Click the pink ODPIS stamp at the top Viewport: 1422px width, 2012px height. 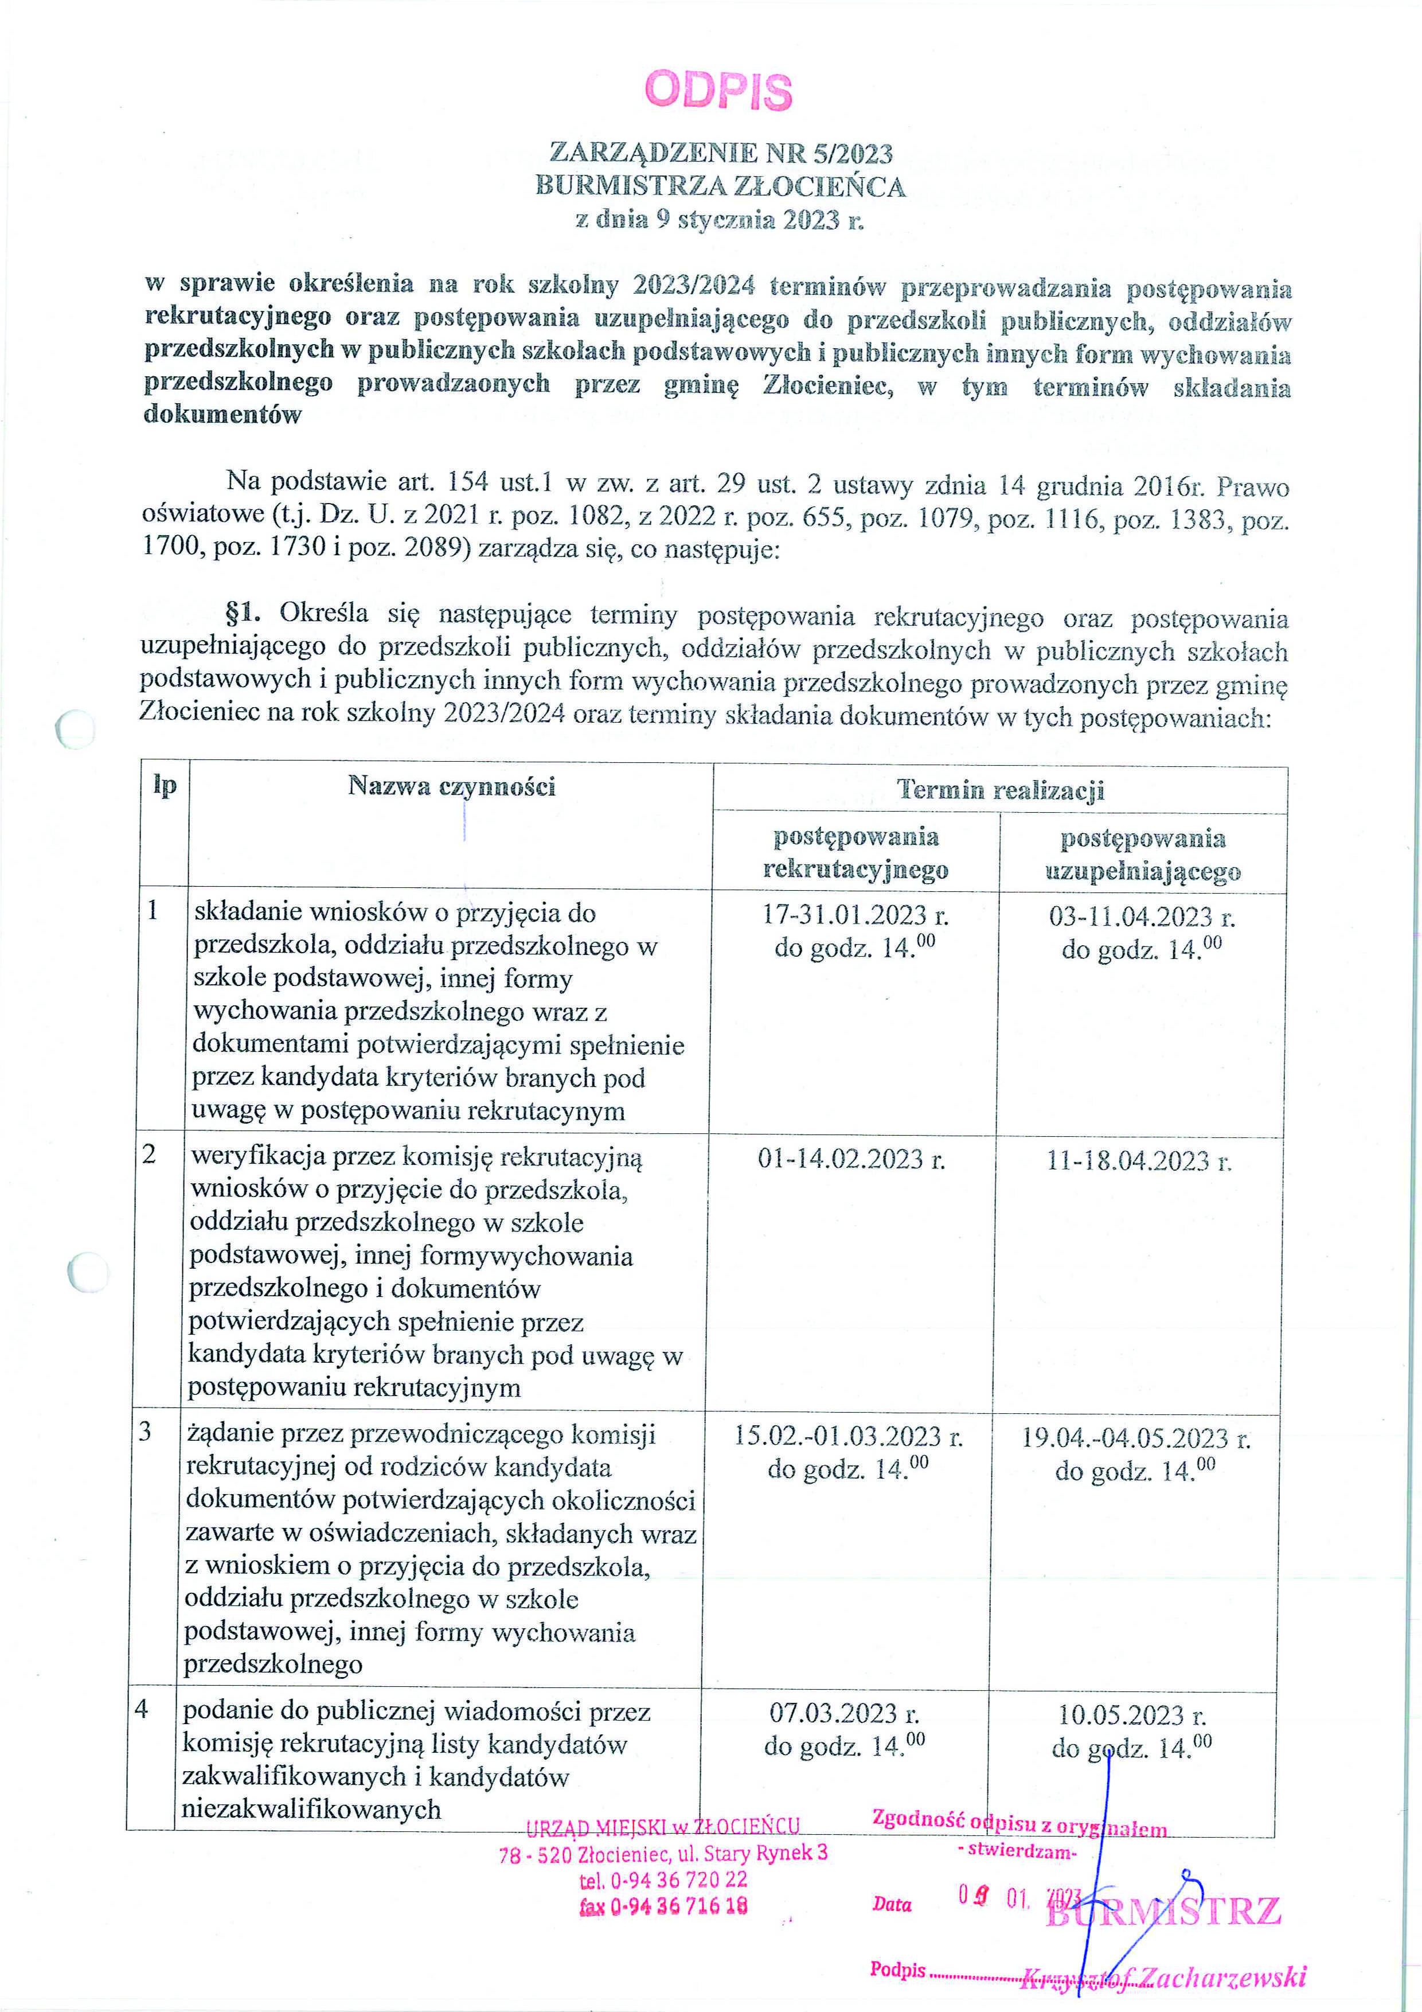point(718,90)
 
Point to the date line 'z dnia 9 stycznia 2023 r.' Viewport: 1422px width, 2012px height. point(720,219)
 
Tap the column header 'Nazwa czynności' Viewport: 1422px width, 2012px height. point(451,786)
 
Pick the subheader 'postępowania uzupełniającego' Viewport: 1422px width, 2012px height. point(1143,855)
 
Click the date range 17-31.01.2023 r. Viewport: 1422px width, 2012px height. point(855,915)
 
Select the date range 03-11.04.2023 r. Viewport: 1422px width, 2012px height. point(1142,917)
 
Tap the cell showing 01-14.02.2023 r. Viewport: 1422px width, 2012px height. point(851,1159)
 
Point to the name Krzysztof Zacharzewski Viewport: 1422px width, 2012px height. point(1163,1977)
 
